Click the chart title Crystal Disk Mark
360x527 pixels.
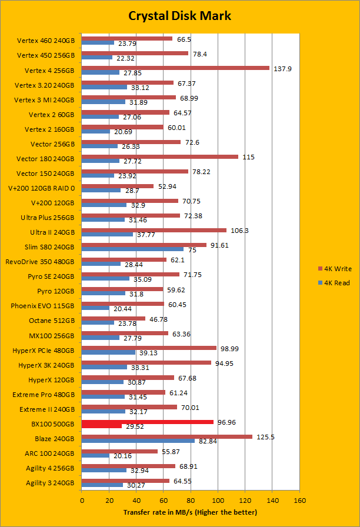pyautogui.click(x=179, y=16)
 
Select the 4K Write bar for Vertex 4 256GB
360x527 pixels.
pyautogui.click(x=175, y=68)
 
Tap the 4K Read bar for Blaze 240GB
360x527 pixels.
pyautogui.click(x=138, y=441)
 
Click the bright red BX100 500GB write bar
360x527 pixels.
pyautogui.click(x=148, y=422)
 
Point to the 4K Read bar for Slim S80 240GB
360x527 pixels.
pyautogui.click(x=133, y=249)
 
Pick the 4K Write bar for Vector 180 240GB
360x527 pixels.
pyautogui.click(x=160, y=156)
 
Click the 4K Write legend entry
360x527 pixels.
pyautogui.click(x=333, y=269)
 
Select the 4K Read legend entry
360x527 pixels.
pyautogui.click(x=333, y=282)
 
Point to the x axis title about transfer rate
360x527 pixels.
pyautogui.click(x=190, y=512)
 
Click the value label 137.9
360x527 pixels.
pyautogui.click(x=283, y=68)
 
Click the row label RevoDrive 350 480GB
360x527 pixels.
pyautogui.click(x=40, y=262)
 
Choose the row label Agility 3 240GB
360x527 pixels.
pyautogui.click(x=50, y=483)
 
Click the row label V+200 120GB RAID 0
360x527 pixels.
pyautogui.click(x=41, y=188)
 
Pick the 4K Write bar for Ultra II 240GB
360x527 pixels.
pyautogui.click(x=154, y=230)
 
